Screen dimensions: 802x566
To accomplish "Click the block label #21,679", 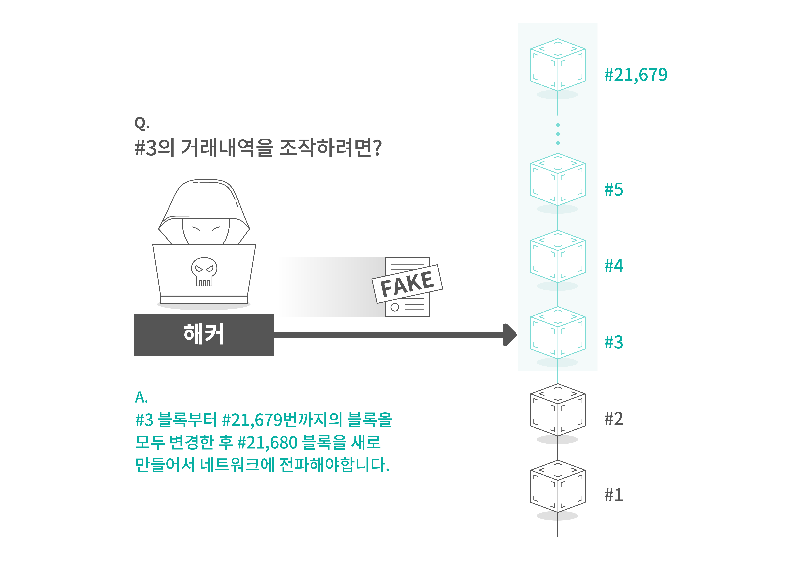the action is tap(635, 75).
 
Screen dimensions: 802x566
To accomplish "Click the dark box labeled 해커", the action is tap(204, 334).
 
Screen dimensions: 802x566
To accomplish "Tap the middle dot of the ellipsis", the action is tap(558, 134).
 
